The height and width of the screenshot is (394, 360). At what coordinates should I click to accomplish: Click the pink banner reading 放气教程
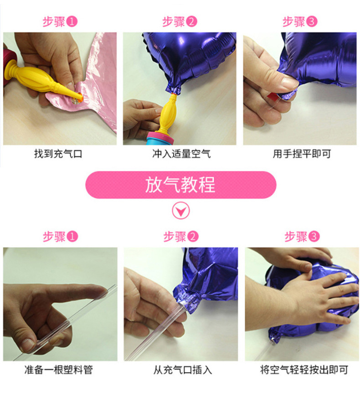coord(180,185)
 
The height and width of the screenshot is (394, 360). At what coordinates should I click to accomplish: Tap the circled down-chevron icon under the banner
coord(180,211)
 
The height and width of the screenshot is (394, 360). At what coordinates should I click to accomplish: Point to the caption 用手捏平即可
coord(301,154)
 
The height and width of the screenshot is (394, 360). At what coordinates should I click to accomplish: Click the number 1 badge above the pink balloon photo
coord(72,22)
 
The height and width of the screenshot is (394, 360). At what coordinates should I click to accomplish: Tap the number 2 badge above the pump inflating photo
coord(192,22)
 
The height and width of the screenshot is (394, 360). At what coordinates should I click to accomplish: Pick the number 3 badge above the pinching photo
coord(312,22)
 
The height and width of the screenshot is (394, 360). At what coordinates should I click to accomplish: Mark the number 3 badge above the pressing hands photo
coord(314,236)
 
